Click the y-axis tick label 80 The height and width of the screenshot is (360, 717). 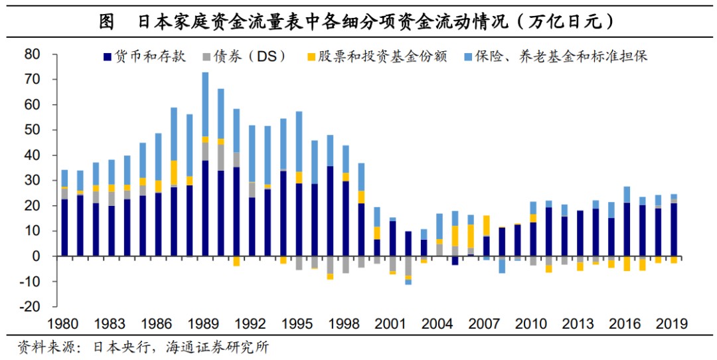point(32,54)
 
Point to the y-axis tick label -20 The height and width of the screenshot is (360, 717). point(29,308)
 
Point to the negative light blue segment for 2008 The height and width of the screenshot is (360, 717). point(502,264)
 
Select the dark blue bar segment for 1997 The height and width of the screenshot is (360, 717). point(330,211)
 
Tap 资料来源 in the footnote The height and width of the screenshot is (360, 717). point(40,347)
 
